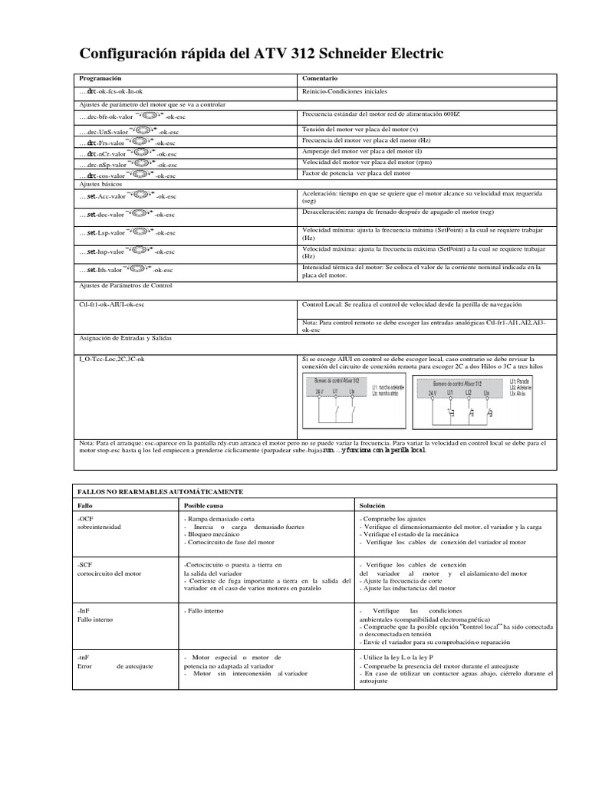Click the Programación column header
pyautogui.click(x=100, y=79)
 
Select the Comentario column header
pyautogui.click(x=320, y=79)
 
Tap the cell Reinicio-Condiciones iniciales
pyautogui.click(x=344, y=91)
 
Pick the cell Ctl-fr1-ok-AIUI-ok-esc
pyautogui.click(x=112, y=304)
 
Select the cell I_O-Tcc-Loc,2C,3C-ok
pyautogui.click(x=112, y=359)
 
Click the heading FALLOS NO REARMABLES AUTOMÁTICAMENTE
pyautogui.click(x=161, y=490)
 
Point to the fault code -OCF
pyautogui.click(x=86, y=521)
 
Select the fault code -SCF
pyautogui.click(x=85, y=564)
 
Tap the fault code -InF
pyautogui.click(x=85, y=609)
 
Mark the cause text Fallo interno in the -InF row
pyautogui.click(x=205, y=610)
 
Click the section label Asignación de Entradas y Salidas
pyautogui.click(x=127, y=337)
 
